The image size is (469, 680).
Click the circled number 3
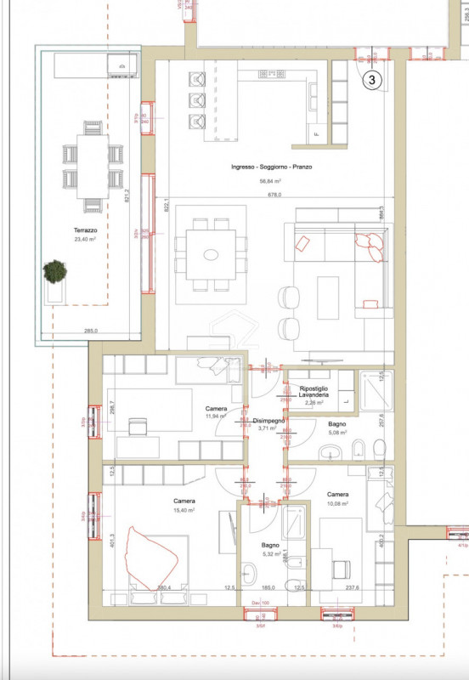pyautogui.click(x=374, y=81)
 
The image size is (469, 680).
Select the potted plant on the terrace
pyautogui.click(x=55, y=272)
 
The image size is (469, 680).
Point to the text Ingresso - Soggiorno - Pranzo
pyautogui.click(x=267, y=167)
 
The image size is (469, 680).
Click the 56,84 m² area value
pyautogui.click(x=268, y=181)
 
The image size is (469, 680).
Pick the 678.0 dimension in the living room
pyautogui.click(x=274, y=194)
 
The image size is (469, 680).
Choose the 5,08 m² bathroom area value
pyautogui.click(x=338, y=433)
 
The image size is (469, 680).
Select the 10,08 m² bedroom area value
pyautogui.click(x=338, y=503)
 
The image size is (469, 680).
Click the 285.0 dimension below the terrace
pyautogui.click(x=91, y=331)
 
